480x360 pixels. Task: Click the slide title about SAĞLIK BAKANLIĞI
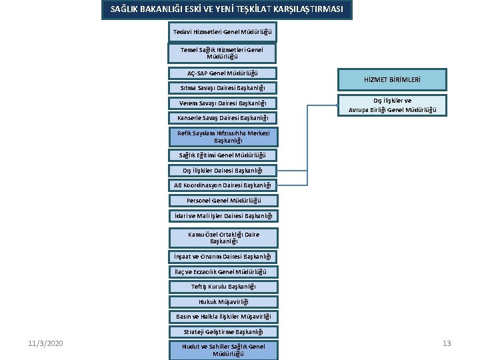[227, 10]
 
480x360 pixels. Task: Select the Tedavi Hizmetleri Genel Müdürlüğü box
[222, 32]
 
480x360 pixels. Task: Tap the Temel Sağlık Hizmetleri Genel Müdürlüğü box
[222, 53]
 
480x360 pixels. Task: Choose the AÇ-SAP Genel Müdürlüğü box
[222, 73]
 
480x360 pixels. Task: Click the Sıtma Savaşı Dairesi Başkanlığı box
[222, 88]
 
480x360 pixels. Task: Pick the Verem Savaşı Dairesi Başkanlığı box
[222, 103]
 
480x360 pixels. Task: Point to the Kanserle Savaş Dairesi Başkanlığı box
[222, 118]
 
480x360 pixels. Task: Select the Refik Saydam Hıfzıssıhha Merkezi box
[222, 137]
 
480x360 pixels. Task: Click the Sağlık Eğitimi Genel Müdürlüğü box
[222, 155]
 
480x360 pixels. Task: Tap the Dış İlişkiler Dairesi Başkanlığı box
[222, 170]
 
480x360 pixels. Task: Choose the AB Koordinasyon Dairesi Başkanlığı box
[222, 185]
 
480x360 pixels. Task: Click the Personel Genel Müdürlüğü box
[222, 200]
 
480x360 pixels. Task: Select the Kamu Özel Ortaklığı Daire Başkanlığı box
[222, 238]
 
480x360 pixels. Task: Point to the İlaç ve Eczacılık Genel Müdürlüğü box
[222, 271]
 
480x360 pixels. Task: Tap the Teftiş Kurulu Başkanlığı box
[222, 287]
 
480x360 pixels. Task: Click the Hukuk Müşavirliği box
[222, 302]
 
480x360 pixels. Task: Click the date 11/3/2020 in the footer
[46, 343]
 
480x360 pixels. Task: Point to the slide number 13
[447, 343]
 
